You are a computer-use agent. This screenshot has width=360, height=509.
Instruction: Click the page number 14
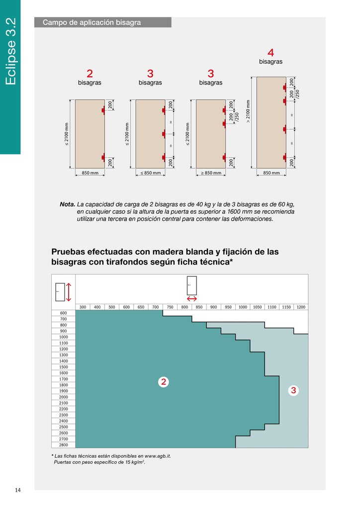[18, 491]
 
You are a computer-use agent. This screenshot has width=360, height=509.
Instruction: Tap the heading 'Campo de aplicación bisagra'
[92, 22]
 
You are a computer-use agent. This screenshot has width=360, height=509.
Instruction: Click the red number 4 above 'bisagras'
[270, 52]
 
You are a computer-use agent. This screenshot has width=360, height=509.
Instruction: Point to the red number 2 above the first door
[90, 74]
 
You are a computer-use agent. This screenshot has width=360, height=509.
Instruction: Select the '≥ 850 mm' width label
[211, 173]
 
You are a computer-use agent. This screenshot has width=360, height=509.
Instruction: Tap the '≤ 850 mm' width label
[150, 173]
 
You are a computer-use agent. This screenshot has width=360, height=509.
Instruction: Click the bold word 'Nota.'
[67, 204]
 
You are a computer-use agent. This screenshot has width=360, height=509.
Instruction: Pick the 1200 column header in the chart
[301, 307]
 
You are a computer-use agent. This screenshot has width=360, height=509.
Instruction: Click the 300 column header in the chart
[83, 307]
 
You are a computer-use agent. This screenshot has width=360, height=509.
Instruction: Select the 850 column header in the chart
[199, 307]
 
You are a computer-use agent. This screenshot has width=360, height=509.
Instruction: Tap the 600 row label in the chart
[63, 313]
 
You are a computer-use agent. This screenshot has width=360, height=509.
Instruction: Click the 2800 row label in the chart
[63, 445]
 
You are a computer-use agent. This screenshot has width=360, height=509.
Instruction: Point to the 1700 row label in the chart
[63, 379]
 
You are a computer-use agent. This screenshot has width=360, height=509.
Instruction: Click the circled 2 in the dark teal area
[163, 382]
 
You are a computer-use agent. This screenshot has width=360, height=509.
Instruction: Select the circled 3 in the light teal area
[293, 391]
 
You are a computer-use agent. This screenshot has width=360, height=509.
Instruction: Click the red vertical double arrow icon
[69, 292]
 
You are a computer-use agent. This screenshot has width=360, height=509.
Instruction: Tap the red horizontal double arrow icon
[191, 299]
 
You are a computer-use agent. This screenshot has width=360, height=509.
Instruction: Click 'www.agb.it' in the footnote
[158, 456]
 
